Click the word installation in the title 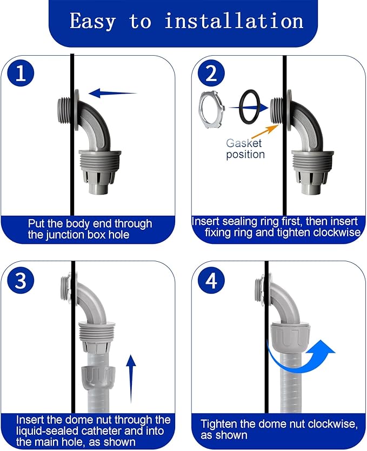[233, 21]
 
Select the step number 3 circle [21, 281]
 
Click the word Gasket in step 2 [244, 143]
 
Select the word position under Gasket [245, 155]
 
